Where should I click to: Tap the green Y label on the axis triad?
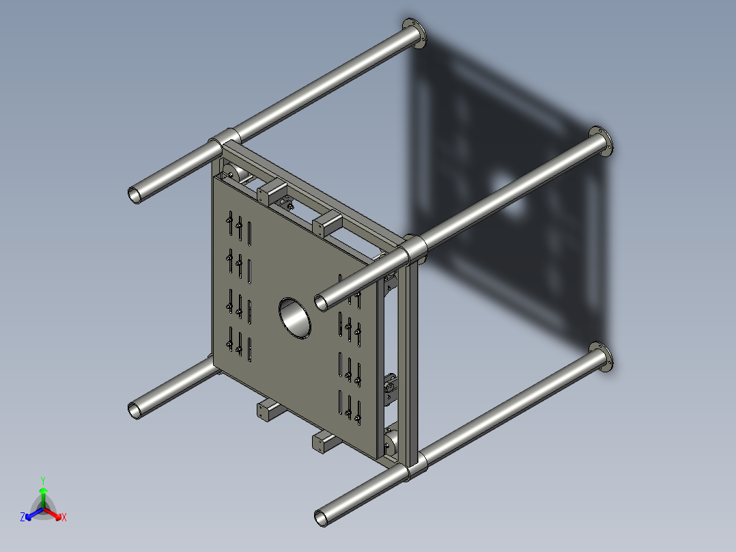pos(42,480)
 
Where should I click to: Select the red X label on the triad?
pos(64,518)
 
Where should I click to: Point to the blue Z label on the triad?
pos(23,518)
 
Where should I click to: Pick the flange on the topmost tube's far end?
pos(414,34)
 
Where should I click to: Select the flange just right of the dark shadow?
pos(601,142)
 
